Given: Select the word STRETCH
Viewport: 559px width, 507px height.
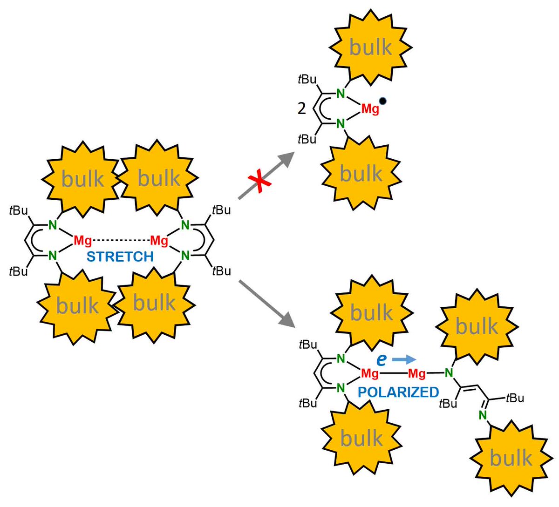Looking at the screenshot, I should [x=120, y=257].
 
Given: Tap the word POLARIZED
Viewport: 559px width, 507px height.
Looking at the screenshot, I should [x=398, y=392].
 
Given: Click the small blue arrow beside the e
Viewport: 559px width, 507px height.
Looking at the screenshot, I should [x=403, y=359].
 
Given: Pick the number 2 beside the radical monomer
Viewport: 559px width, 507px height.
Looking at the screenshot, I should [x=302, y=108].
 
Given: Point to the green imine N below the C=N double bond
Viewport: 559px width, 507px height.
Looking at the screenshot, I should [x=482, y=415].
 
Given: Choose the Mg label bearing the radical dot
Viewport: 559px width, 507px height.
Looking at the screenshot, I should [x=370, y=109].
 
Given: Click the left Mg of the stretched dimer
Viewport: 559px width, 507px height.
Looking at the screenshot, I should [x=82, y=241].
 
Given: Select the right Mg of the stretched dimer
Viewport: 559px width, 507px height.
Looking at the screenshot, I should [x=159, y=241].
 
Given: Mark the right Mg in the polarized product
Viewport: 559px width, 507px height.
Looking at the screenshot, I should [x=417, y=373].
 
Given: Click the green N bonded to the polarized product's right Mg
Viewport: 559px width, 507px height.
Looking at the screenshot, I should [x=449, y=372].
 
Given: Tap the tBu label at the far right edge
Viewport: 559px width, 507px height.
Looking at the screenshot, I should [x=515, y=398].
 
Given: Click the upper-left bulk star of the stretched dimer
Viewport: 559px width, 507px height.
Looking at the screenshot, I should [x=82, y=179].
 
